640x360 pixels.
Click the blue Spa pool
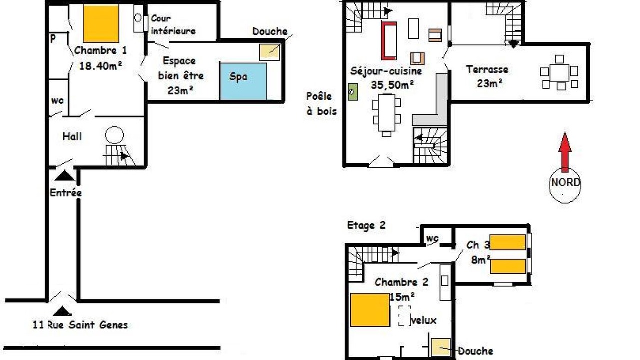pyautogui.click(x=243, y=81)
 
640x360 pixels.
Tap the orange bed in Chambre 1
pyautogui.click(x=101, y=24)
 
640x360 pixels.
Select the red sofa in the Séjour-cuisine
pyautogui.click(x=389, y=41)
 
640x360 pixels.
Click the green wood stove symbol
pyautogui.click(x=353, y=92)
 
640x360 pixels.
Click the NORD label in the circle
pyautogui.click(x=565, y=182)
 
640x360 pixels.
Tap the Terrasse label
pyautogui.click(x=487, y=69)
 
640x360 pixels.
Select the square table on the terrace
pyautogui.click(x=559, y=73)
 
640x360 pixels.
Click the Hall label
pyautogui.click(x=72, y=136)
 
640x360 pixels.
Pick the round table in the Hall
pyautogui.click(x=114, y=135)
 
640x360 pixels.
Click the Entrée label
pyautogui.click(x=66, y=193)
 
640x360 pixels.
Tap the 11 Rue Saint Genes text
pyautogui.click(x=80, y=325)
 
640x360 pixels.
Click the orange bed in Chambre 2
pyautogui.click(x=370, y=310)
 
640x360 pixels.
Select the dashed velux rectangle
pyautogui.click(x=405, y=316)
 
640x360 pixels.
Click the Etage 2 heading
pyautogui.click(x=366, y=225)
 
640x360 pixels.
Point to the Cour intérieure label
pyautogui.click(x=173, y=25)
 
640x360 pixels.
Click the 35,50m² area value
pyautogui.click(x=393, y=85)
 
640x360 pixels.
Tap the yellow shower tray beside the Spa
pyautogui.click(x=269, y=52)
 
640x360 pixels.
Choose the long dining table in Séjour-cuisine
pyautogui.click(x=387, y=113)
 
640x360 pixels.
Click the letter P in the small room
pyautogui.click(x=53, y=38)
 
